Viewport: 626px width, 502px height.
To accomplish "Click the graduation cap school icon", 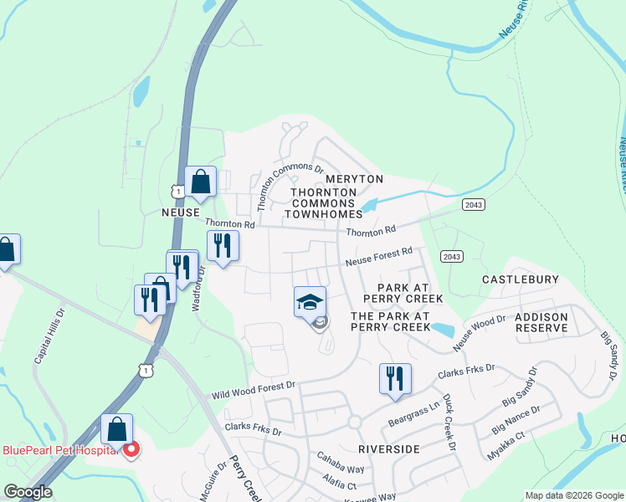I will pyautogui.click(x=310, y=301).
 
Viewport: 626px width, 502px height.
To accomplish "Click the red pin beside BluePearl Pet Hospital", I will pyautogui.click(x=131, y=450).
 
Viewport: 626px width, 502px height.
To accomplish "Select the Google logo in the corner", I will pyautogui.click(x=28, y=492).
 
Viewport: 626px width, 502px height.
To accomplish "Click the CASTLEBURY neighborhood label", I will pyautogui.click(x=518, y=278).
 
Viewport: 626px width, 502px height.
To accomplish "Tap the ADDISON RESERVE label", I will pyautogui.click(x=541, y=322).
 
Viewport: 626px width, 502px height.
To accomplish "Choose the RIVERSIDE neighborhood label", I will pyautogui.click(x=387, y=449).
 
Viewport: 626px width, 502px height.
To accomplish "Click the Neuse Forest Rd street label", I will pyautogui.click(x=380, y=257).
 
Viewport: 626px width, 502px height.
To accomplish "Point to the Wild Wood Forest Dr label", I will pyautogui.click(x=254, y=389).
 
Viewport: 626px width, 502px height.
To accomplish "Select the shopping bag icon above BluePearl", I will pyautogui.click(x=117, y=429).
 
